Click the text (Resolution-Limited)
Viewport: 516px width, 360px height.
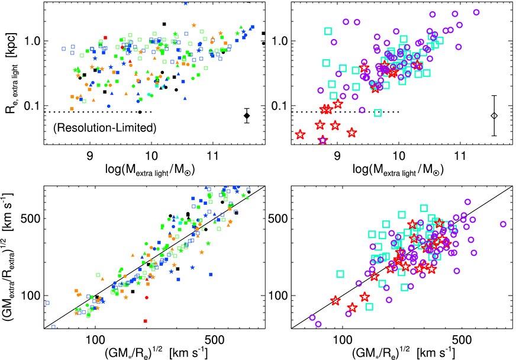(104, 127)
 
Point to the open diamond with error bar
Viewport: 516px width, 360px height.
(494, 115)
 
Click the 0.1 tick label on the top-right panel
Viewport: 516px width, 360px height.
(282, 106)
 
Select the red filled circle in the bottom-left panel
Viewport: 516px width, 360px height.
(146, 296)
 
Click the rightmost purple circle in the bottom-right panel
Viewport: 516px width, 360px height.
(503, 224)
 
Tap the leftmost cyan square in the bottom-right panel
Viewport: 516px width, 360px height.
(340, 274)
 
